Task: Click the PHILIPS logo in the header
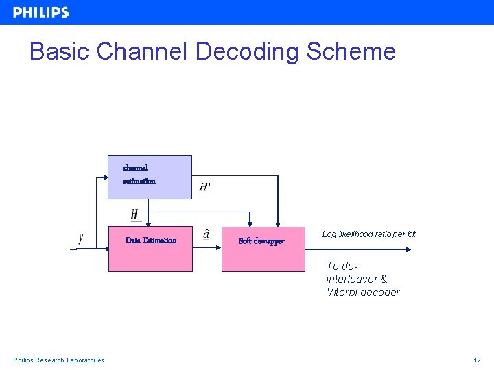40,12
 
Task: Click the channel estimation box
150,177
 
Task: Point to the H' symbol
204,187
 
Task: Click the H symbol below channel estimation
135,215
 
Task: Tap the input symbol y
81,238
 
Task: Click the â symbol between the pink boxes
207,235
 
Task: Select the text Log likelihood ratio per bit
368,234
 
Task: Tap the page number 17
477,360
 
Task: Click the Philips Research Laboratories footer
58,360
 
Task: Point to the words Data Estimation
151,241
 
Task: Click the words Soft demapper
261,241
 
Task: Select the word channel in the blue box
135,167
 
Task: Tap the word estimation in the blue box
139,181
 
